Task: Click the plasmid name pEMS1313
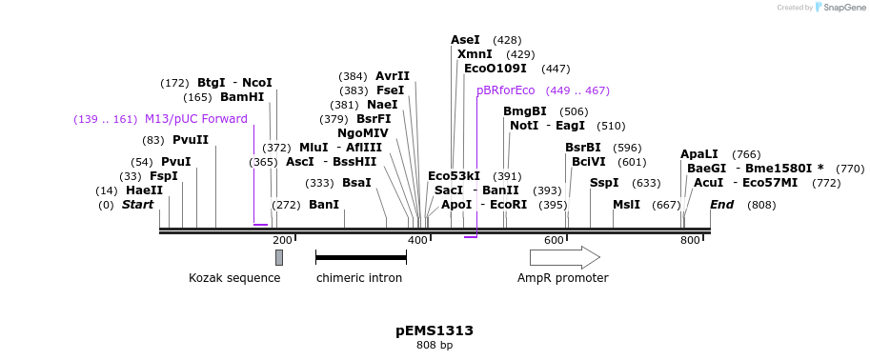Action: pyautogui.click(x=435, y=330)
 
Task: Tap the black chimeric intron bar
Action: pyautogui.click(x=360, y=257)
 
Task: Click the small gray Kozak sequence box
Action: pyautogui.click(x=279, y=257)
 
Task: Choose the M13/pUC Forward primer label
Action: pyautogui.click(x=195, y=119)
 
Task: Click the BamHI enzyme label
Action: pyautogui.click(x=242, y=97)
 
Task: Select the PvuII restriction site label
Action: pyautogui.click(x=191, y=140)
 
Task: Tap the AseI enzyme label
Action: pyautogui.click(x=465, y=40)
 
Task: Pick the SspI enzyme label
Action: pyautogui.click(x=604, y=183)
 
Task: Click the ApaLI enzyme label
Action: pyautogui.click(x=699, y=154)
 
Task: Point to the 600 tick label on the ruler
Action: pyautogui.click(x=554, y=240)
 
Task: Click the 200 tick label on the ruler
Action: pyautogui.click(x=282, y=240)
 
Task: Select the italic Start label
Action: pyautogui.click(x=137, y=205)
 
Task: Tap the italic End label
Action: pyautogui.click(x=721, y=205)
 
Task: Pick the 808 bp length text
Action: pyautogui.click(x=435, y=345)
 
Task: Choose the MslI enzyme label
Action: pyautogui.click(x=626, y=205)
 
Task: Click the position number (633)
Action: pyautogui.click(x=646, y=183)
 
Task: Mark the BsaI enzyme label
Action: pyautogui.click(x=356, y=183)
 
